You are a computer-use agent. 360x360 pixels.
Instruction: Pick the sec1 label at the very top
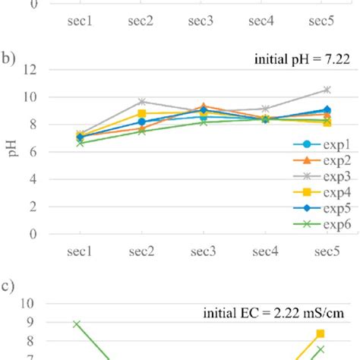tap(79, 21)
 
